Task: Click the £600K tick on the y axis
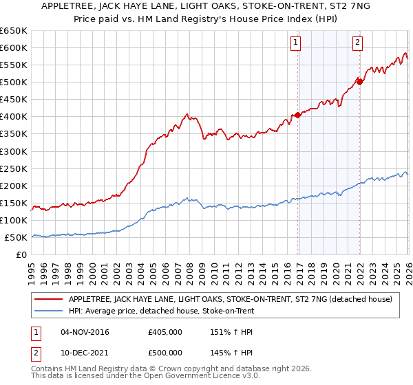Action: click(14, 47)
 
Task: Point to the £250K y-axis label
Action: click(14, 168)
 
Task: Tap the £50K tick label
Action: click(16, 237)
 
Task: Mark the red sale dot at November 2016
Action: click(297, 115)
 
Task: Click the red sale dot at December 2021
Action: click(359, 82)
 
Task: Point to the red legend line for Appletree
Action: click(49, 299)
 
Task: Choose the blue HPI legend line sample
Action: click(49, 311)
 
